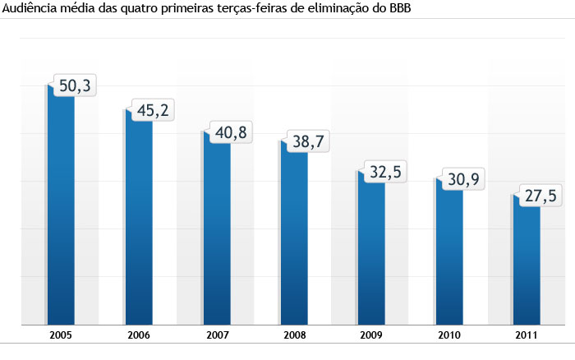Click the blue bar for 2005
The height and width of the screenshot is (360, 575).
click(x=61, y=214)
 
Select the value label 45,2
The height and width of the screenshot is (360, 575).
click(x=152, y=109)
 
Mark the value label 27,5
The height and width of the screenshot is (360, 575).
click(x=540, y=196)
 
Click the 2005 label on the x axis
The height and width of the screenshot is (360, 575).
click(x=61, y=335)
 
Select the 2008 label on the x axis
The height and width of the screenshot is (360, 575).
click(x=293, y=335)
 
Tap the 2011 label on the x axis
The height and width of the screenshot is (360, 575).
click(x=526, y=335)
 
